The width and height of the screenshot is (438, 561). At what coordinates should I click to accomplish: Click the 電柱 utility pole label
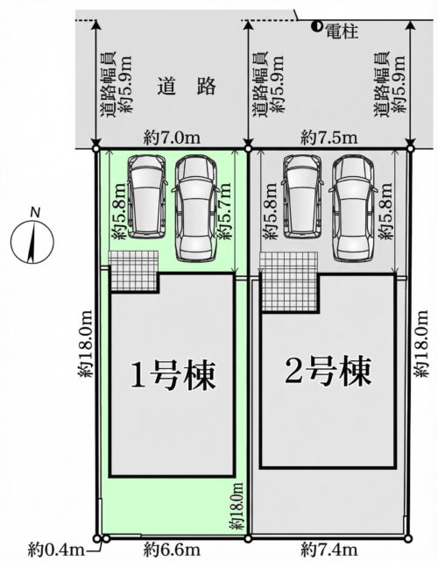[342, 32]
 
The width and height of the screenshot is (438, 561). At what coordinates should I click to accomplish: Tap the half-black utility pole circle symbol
[316, 25]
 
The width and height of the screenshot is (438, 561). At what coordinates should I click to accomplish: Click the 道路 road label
[187, 86]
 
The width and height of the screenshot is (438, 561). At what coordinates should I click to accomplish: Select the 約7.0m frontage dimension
[172, 138]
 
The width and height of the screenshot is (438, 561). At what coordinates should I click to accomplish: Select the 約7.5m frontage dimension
[329, 138]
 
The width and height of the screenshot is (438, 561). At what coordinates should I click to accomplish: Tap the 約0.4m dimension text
[56, 550]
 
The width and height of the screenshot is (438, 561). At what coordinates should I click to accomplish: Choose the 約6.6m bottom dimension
[172, 550]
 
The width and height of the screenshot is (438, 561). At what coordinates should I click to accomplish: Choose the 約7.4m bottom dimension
[329, 550]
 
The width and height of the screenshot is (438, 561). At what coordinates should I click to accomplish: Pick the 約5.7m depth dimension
[224, 211]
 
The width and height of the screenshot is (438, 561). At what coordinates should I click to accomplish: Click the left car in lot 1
[147, 196]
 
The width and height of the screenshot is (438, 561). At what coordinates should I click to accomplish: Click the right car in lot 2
[354, 209]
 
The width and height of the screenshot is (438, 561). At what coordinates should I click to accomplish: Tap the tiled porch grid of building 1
[133, 271]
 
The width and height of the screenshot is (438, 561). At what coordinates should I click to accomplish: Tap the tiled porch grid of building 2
[288, 281]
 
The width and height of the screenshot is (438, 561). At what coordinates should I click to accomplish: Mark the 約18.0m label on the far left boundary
[86, 344]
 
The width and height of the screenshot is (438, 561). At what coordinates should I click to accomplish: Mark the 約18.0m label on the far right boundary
[421, 344]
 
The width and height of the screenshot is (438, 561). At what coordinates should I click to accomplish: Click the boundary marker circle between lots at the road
[248, 148]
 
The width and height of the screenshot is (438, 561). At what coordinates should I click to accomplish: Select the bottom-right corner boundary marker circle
[408, 538]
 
